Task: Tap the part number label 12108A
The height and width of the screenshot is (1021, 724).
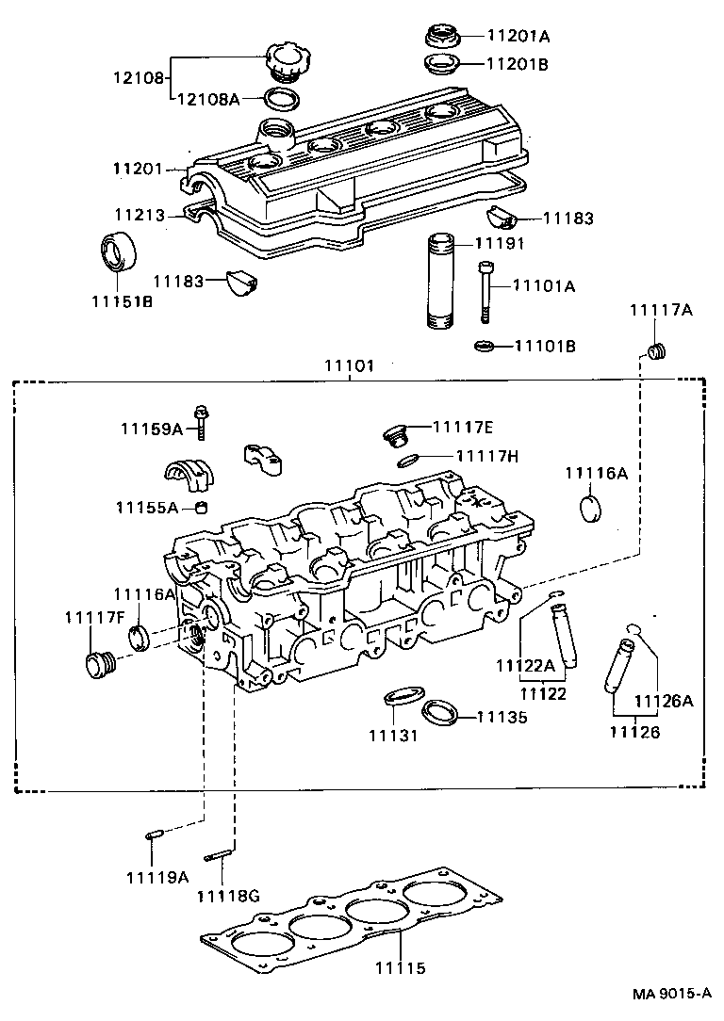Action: (206, 97)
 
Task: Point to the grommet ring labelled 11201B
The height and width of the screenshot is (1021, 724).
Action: (440, 65)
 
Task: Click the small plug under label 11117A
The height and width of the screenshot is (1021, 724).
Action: (657, 352)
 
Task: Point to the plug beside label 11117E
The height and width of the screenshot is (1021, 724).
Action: (396, 434)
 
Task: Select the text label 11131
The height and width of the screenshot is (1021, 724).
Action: (393, 735)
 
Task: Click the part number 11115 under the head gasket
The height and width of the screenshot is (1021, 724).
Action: (401, 968)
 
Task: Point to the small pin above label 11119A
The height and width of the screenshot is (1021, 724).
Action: (156, 835)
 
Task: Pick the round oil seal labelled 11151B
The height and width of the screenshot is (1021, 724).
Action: (119, 251)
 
